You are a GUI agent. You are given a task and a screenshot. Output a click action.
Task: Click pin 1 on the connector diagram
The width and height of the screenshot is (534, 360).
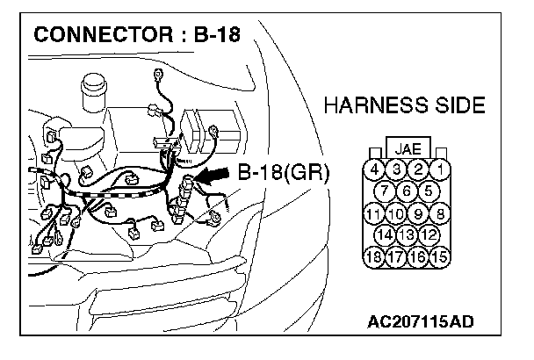[x=440, y=169]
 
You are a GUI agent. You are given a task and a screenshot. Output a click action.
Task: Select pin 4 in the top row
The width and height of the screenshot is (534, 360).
[x=376, y=169]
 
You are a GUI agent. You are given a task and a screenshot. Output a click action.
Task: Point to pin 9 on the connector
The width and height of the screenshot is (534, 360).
[x=419, y=212]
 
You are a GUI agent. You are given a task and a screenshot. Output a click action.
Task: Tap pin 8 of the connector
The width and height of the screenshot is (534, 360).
[x=440, y=212]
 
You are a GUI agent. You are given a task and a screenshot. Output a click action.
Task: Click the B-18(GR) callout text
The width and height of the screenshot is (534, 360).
[x=283, y=173]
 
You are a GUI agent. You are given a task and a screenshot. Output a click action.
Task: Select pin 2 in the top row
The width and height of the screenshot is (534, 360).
[x=419, y=169]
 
